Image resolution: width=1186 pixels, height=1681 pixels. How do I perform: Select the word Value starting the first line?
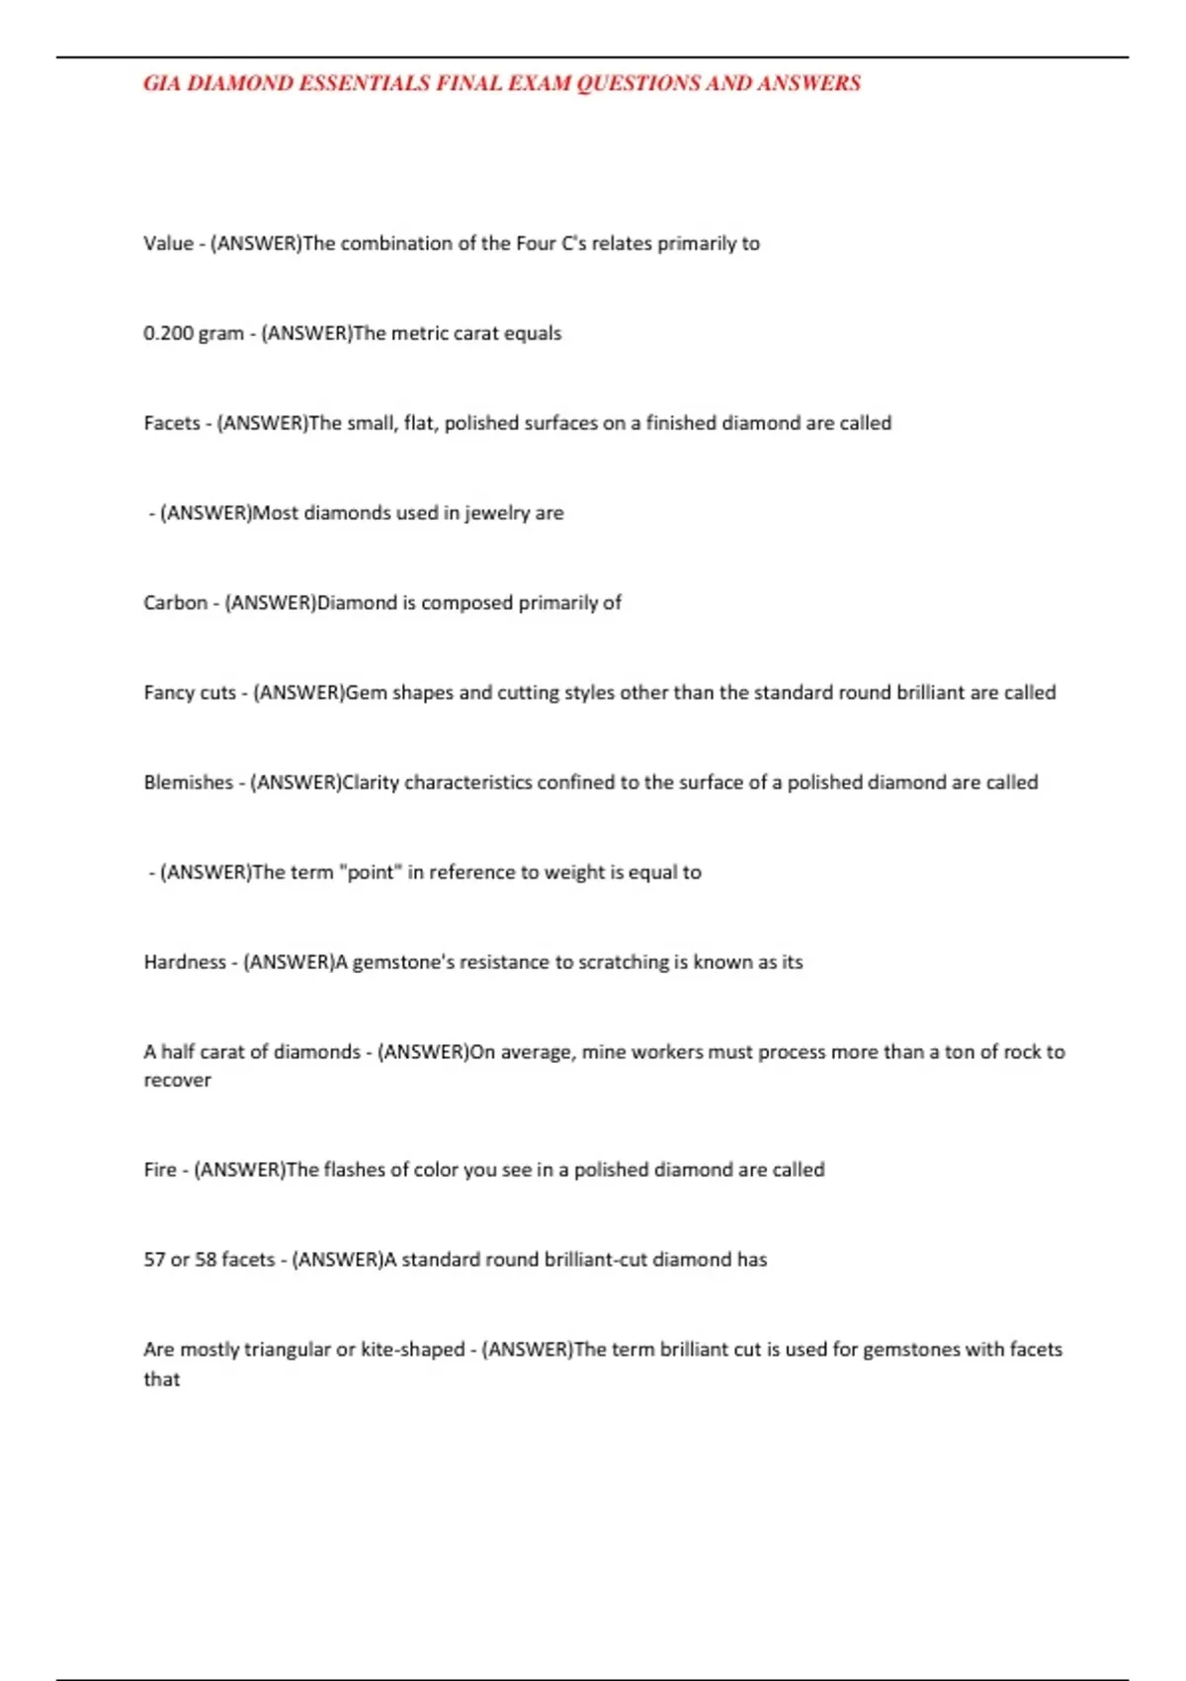pyautogui.click(x=168, y=243)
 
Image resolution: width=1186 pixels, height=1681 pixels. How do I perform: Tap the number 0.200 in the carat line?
pyautogui.click(x=168, y=333)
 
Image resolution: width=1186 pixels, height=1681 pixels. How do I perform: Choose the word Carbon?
pyautogui.click(x=176, y=603)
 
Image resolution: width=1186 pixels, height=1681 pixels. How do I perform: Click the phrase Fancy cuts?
pyautogui.click(x=190, y=693)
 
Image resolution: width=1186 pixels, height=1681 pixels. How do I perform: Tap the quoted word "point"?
pyautogui.click(x=367, y=873)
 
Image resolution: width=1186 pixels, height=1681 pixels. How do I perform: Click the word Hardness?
pyautogui.click(x=185, y=962)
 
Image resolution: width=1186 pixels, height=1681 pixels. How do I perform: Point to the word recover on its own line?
pyautogui.click(x=177, y=1081)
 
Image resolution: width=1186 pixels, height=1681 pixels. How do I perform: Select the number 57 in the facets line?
pyautogui.click(x=154, y=1260)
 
